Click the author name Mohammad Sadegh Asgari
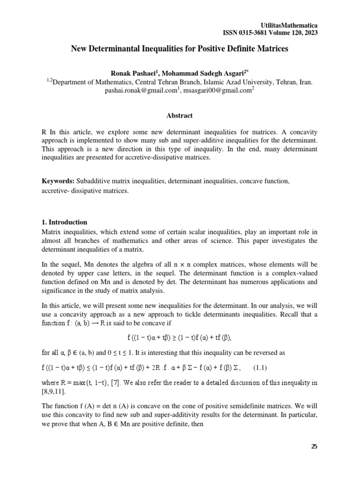pos(201,73)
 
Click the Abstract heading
pos(180,116)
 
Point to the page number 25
pos(314,446)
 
